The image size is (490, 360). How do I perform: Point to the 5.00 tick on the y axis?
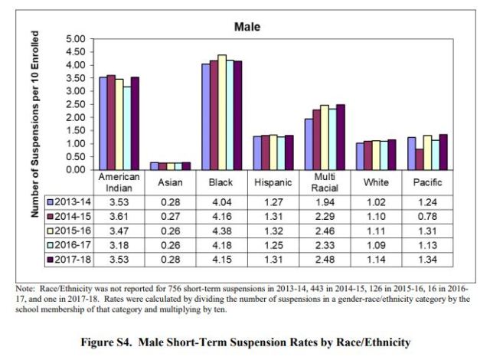pos(75,39)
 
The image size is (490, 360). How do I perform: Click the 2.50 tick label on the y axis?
pos(75,104)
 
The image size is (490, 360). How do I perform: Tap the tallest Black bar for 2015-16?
pos(221,112)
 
